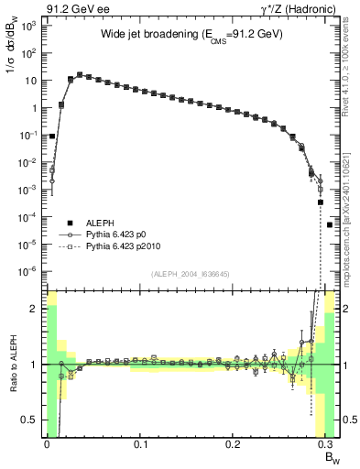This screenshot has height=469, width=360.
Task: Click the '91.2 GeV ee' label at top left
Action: pos(71,9)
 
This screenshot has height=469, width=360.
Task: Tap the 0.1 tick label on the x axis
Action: pos(140,445)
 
